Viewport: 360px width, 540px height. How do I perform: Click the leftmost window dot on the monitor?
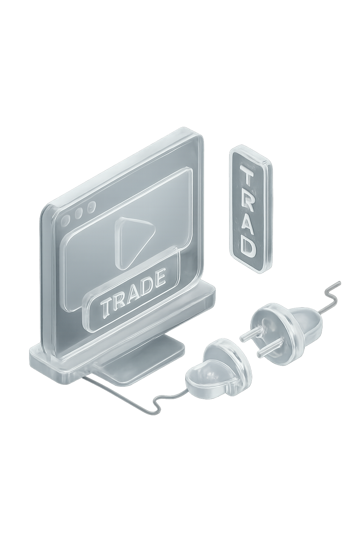point(66,220)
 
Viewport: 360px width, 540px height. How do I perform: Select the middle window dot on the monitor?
point(78,213)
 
